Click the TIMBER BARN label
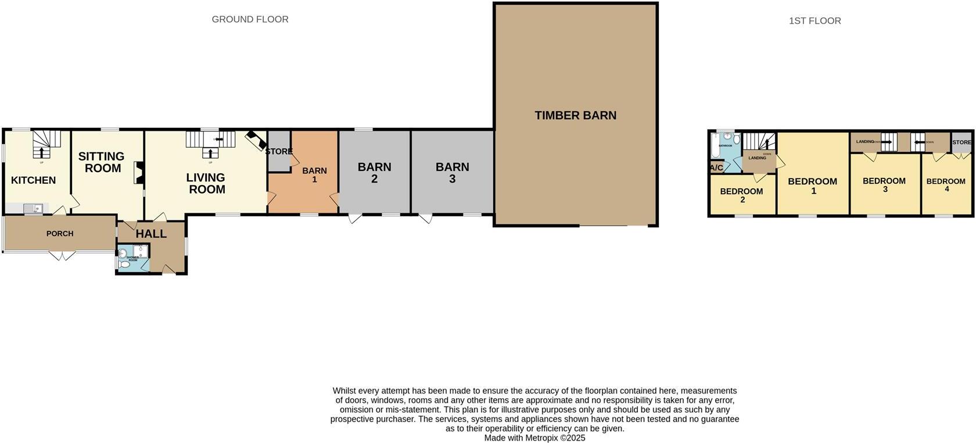(x=575, y=115)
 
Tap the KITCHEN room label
(x=34, y=180)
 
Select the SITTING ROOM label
(x=101, y=162)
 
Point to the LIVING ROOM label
(x=206, y=183)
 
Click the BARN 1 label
(x=314, y=175)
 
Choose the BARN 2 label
(x=374, y=173)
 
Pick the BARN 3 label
(x=452, y=173)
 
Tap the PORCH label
(x=60, y=234)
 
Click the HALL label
(x=151, y=234)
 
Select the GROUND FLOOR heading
(x=250, y=19)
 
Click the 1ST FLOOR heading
(x=814, y=21)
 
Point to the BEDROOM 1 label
(x=812, y=185)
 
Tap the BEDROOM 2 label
(x=741, y=195)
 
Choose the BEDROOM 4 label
(x=946, y=185)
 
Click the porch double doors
(x=62, y=255)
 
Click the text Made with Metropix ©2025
(x=534, y=438)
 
